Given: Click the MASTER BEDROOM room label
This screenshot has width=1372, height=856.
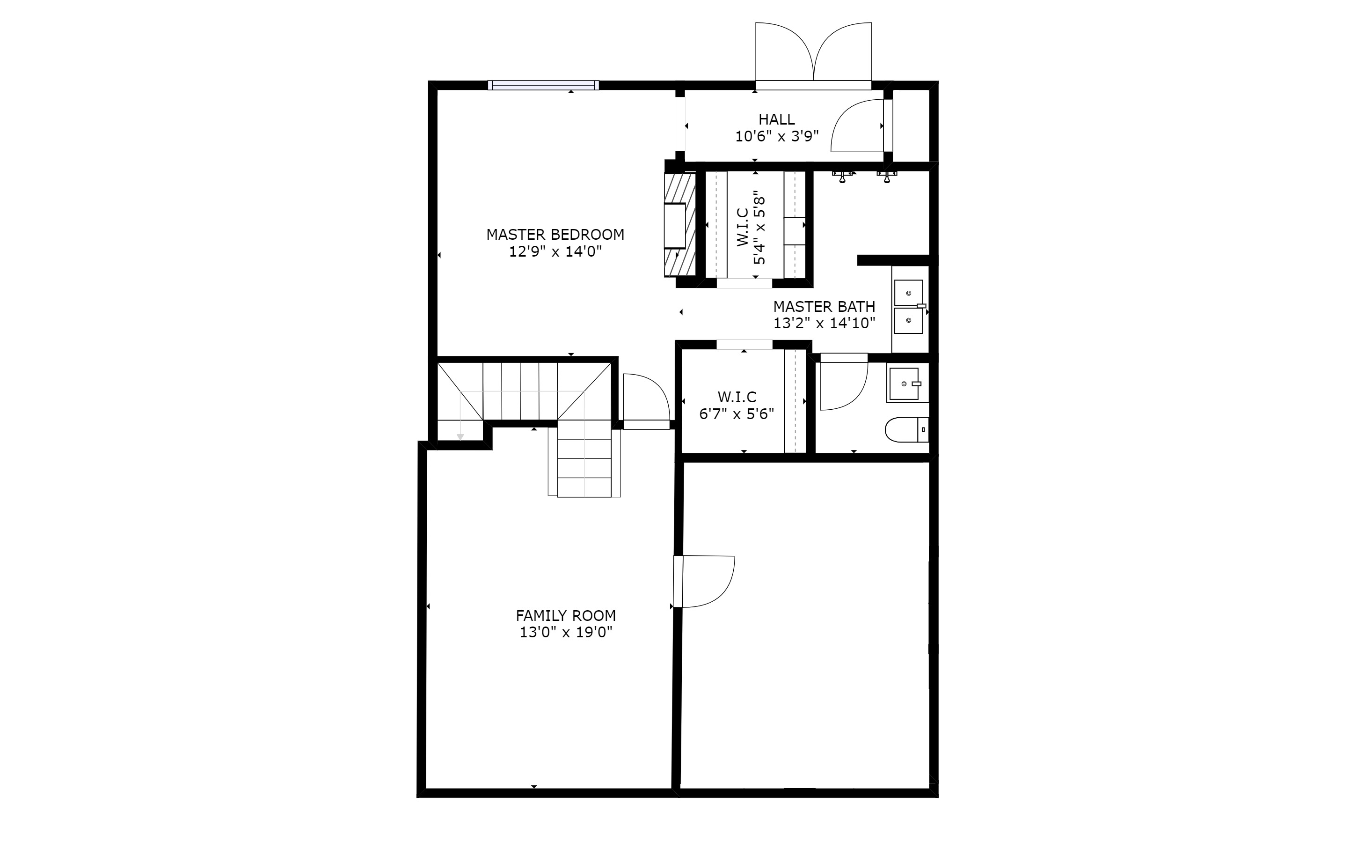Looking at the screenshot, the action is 555,235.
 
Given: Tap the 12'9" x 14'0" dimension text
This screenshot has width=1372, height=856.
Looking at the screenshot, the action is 555,252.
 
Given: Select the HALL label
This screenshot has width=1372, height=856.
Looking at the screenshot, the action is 776,119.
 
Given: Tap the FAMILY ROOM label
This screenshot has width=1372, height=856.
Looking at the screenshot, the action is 566,615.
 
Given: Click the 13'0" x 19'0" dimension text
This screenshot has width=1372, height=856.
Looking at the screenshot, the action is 566,632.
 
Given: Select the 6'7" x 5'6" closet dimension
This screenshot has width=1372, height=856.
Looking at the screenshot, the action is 737,414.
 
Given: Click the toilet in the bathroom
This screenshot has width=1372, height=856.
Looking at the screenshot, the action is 906,430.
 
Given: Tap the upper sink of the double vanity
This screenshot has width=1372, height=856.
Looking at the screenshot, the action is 909,293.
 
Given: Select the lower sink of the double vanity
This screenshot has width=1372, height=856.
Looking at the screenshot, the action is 909,320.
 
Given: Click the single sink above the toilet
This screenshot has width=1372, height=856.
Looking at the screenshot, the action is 904,384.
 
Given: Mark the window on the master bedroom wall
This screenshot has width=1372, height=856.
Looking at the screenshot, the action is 543,86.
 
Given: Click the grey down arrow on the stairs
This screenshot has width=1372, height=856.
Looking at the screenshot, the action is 460,436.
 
